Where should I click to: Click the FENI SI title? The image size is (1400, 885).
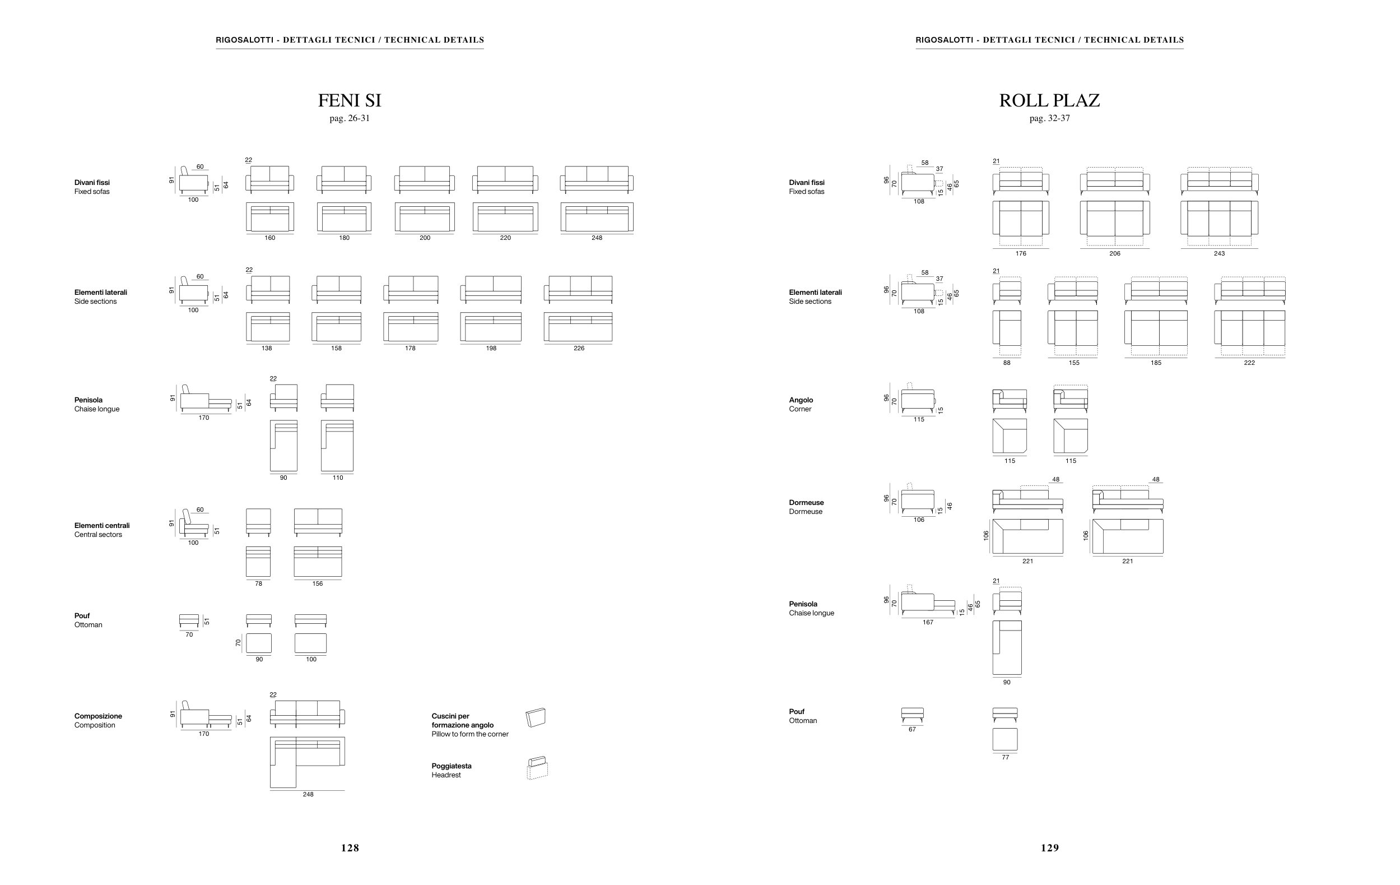tap(350, 100)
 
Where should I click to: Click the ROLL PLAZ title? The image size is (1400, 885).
tap(1049, 100)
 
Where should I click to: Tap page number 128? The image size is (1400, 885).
tap(350, 848)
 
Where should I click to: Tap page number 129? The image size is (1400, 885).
tap(1049, 848)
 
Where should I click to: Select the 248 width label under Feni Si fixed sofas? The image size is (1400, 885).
tap(597, 238)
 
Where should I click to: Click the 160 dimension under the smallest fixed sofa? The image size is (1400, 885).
tap(270, 238)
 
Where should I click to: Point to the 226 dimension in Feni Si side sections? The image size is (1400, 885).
tap(579, 348)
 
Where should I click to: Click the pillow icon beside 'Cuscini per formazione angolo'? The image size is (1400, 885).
tap(536, 717)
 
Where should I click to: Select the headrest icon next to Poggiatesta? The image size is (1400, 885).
tap(537, 767)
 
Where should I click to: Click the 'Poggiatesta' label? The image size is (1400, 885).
tap(451, 766)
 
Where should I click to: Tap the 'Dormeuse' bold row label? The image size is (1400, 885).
tap(806, 502)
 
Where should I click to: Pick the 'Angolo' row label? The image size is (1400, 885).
tap(801, 400)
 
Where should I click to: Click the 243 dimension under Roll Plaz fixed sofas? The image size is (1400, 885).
tap(1219, 253)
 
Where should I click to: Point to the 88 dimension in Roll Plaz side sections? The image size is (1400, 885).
tap(1006, 363)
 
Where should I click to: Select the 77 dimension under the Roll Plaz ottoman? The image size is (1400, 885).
tap(1005, 757)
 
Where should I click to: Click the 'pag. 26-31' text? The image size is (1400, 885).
tap(350, 119)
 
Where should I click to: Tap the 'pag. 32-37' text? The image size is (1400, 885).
tap(1049, 119)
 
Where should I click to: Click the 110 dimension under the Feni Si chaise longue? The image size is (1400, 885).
tap(338, 478)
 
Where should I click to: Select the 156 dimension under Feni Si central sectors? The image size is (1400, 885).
tap(318, 584)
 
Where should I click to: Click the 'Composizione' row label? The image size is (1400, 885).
tap(97, 716)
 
